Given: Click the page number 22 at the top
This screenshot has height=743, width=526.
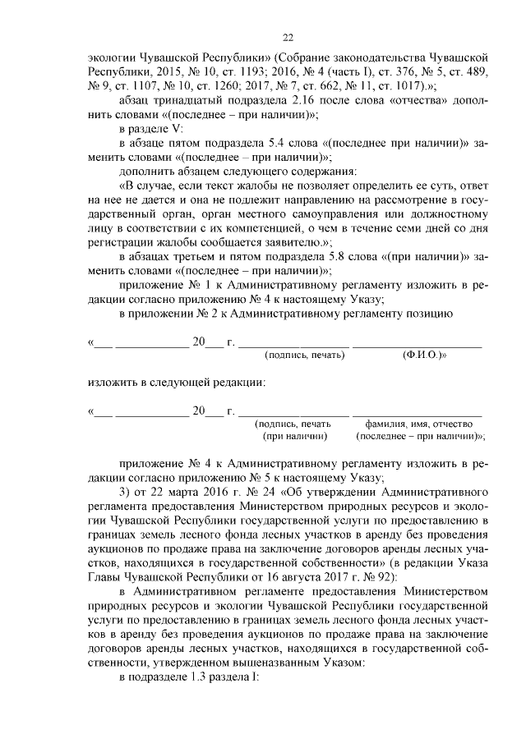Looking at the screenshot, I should (x=288, y=38).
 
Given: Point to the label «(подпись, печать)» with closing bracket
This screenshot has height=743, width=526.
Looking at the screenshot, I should (x=303, y=356).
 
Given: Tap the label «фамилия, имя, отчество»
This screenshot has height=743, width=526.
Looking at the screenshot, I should (x=420, y=424).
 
